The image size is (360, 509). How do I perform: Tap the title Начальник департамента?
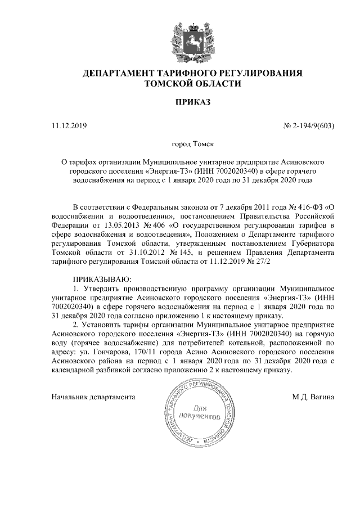click(x=93, y=397)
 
